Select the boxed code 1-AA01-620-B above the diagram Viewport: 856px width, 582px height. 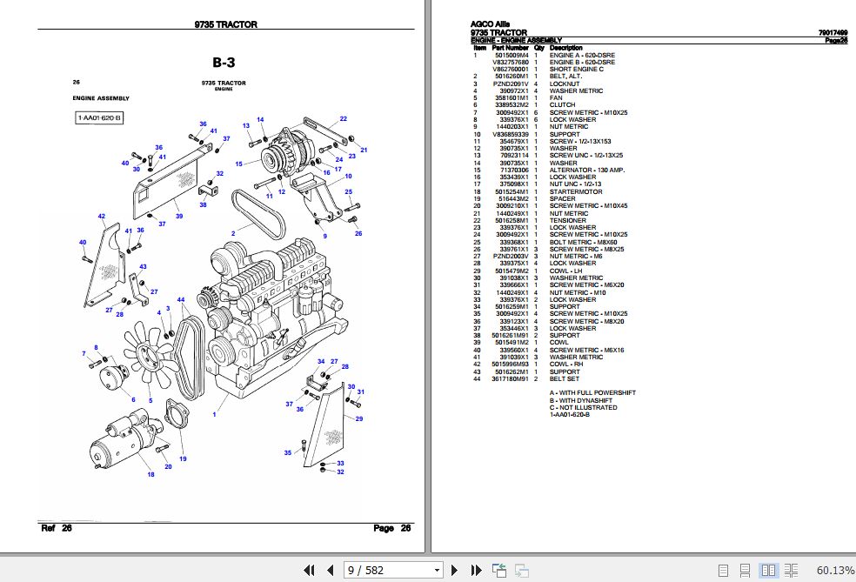pyautogui.click(x=99, y=117)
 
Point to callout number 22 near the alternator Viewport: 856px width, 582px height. pyautogui.click(x=344, y=118)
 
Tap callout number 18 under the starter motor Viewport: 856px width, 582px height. pyautogui.click(x=150, y=474)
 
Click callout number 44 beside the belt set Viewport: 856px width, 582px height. pyautogui.click(x=181, y=300)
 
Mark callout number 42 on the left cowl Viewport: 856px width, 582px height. pyautogui.click(x=102, y=216)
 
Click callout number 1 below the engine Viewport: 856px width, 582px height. pyautogui.click(x=213, y=415)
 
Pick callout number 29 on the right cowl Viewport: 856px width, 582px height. pyautogui.click(x=359, y=419)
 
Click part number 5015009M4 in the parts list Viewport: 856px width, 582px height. pyautogui.click(x=511, y=55)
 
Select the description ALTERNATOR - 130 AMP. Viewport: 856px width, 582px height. pyautogui.click(x=584, y=170)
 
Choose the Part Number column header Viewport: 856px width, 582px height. pyautogui.click(x=511, y=47)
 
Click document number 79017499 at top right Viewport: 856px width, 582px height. pyautogui.click(x=833, y=32)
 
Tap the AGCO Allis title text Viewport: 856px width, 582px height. pyautogui.click(x=491, y=23)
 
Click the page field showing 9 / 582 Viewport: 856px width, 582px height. pyautogui.click(x=393, y=571)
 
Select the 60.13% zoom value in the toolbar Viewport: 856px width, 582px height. pyautogui.click(x=834, y=571)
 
